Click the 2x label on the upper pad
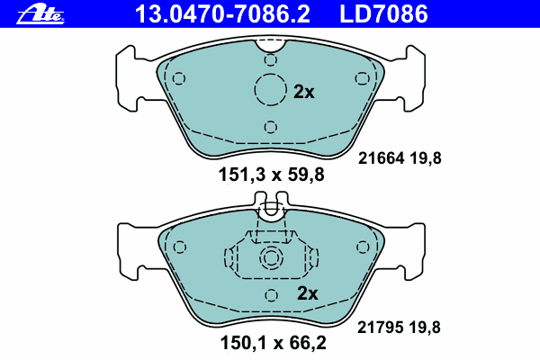304,92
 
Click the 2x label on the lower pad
308,293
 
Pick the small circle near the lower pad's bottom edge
271,296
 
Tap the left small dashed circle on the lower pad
178,246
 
